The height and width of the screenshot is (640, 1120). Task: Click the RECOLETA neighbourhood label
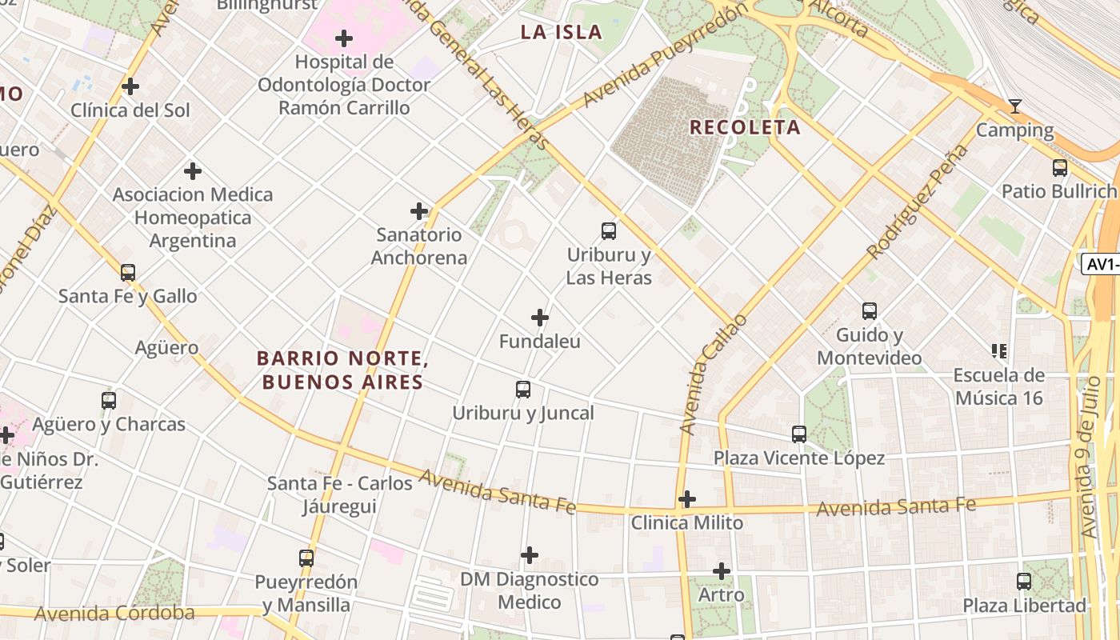(745, 127)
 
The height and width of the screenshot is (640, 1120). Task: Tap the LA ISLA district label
(561, 32)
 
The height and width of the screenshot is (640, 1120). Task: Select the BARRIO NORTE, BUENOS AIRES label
(342, 370)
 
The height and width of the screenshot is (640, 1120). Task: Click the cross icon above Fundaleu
(540, 318)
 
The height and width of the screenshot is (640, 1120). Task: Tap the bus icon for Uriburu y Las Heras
(609, 231)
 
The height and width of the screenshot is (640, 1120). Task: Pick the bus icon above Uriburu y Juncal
(523, 390)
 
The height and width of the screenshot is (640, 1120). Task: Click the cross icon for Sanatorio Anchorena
(419, 211)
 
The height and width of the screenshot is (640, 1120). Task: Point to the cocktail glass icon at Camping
(1015, 106)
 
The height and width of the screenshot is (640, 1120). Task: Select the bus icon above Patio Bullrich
(1060, 168)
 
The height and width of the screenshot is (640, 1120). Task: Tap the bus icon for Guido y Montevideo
(870, 311)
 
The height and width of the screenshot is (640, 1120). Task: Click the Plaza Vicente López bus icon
(799, 434)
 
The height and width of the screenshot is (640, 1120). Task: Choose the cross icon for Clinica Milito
(686, 499)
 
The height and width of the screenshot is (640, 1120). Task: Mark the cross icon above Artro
(722, 571)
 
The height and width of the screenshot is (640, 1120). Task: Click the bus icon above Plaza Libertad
(1025, 582)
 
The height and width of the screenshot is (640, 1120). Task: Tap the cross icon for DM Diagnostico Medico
(530, 555)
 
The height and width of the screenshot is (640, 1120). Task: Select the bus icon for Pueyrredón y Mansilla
(306, 558)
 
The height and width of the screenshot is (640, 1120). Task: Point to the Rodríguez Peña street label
(917, 202)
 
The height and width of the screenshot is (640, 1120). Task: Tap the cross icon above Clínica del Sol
(130, 86)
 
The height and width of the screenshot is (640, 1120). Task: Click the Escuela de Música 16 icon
(998, 350)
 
